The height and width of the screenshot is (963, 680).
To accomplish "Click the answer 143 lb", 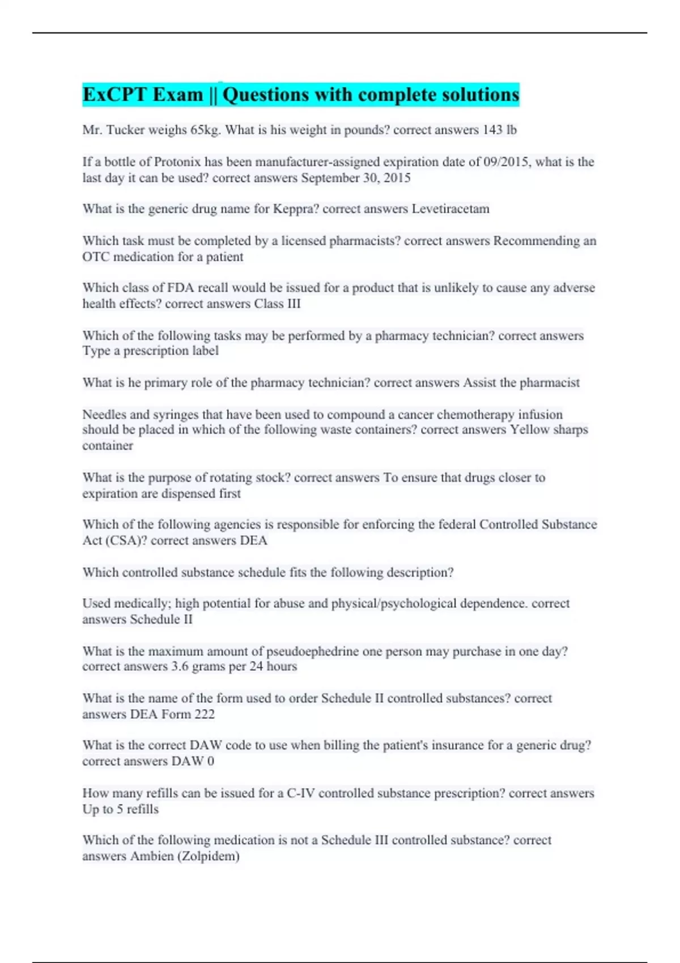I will (499, 130).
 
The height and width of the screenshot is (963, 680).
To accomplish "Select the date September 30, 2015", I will (356, 178).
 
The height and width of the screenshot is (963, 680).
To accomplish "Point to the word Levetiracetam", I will (450, 209).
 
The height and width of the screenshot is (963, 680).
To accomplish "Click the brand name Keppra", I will (296, 209).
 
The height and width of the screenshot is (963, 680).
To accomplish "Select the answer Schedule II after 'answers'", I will (161, 619).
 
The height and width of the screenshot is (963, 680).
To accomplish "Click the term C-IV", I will (300, 794).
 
